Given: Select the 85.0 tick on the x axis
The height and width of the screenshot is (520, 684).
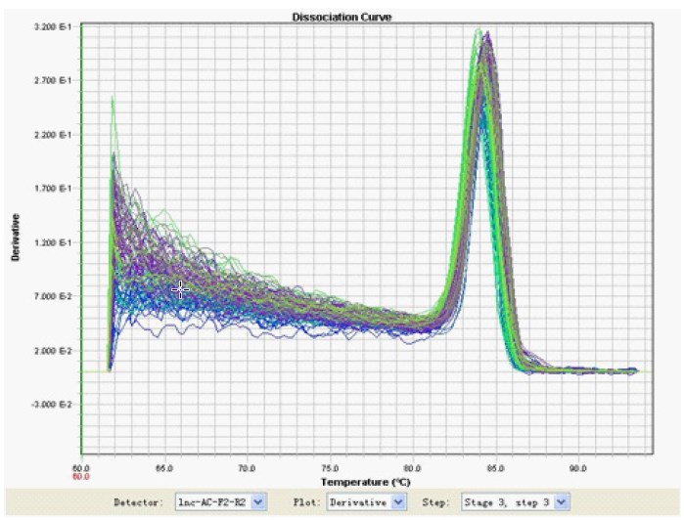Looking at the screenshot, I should coord(495,467).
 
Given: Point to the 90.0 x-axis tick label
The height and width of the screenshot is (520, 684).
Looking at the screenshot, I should coord(578,467).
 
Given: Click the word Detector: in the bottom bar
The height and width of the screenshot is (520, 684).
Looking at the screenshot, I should coord(140,501).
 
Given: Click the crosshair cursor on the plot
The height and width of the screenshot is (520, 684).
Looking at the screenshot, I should coord(181,288).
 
